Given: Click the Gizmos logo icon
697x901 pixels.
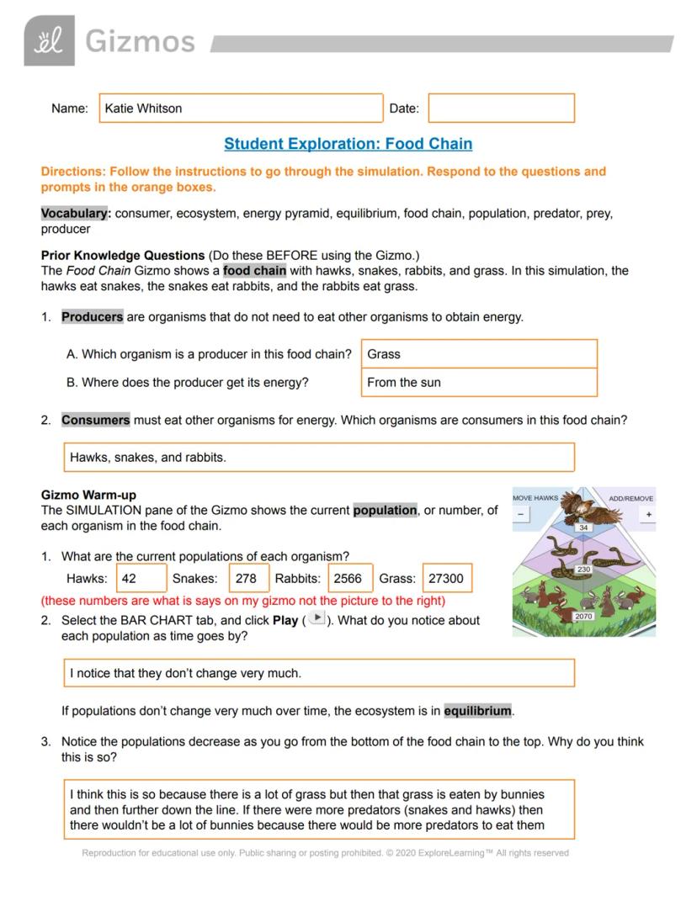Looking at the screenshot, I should tap(49, 40).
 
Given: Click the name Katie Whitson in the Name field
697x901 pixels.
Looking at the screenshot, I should tap(143, 109).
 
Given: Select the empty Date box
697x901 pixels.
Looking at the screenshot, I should tap(501, 109).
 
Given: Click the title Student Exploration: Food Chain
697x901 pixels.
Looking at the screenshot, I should tap(348, 144).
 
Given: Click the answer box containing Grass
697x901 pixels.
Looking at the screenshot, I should tap(478, 354).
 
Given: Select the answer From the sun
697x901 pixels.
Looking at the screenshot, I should tap(478, 383).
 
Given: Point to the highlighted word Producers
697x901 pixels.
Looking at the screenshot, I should tap(92, 317).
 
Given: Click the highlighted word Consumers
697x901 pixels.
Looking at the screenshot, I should tap(95, 420).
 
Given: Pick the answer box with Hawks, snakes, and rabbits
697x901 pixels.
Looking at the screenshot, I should tap(319, 458).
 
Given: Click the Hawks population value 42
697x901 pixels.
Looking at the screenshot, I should tap(141, 579).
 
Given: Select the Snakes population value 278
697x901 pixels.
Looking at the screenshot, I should tap(248, 579).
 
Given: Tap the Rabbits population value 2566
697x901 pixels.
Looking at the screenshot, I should tap(349, 579).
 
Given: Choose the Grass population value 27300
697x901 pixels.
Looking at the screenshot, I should tap(446, 579).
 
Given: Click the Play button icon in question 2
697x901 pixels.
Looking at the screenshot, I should tap(316, 618).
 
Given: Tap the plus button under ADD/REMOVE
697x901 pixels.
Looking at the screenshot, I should tap(648, 515).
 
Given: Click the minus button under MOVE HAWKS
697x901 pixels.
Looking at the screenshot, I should tap(521, 515).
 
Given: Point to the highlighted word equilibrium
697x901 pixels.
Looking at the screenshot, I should tap(477, 711).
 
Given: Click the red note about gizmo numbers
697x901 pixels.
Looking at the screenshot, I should tap(242, 601).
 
